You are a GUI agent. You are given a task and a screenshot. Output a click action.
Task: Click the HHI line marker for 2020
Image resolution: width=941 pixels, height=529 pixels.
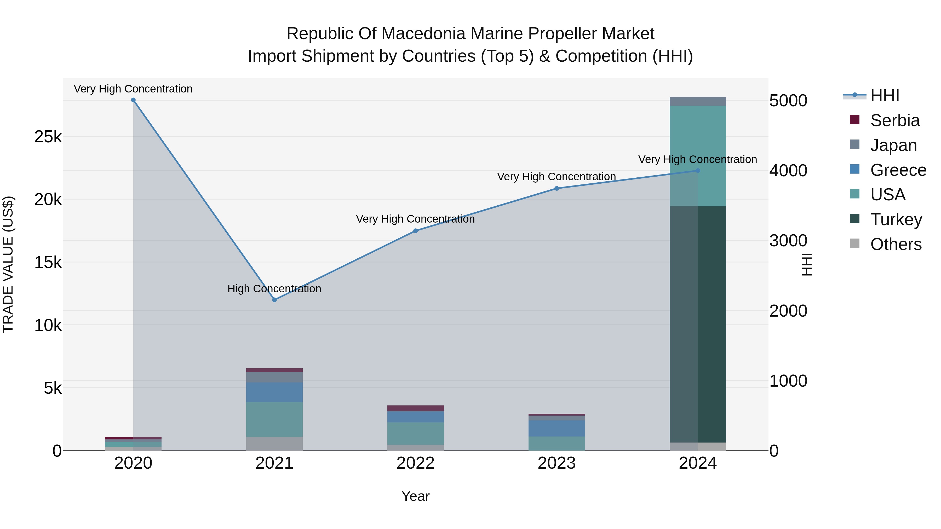pos(133,100)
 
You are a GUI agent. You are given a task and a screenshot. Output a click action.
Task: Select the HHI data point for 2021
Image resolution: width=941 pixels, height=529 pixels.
pos(275,300)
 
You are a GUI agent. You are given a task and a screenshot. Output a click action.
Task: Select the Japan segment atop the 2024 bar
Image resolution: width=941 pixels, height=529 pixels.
pos(698,102)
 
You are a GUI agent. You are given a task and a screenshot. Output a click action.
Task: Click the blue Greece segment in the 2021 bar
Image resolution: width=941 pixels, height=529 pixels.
pos(274,392)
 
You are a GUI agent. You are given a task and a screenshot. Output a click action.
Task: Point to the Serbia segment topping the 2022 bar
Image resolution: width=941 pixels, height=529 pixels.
pos(415,408)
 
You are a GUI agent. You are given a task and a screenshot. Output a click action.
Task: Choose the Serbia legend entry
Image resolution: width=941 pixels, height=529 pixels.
pos(894,120)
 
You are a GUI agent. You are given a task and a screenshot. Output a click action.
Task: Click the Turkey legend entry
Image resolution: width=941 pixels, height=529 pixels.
pos(896,219)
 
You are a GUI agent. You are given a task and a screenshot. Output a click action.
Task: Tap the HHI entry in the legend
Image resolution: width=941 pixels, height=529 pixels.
pos(884,96)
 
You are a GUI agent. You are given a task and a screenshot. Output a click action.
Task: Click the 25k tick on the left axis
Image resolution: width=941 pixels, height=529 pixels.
pos(48,137)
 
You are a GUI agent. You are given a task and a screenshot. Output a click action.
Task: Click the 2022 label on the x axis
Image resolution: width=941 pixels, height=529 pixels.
pos(415,463)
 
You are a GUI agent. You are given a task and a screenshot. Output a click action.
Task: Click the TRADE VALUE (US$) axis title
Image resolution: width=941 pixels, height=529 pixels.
pos(8,265)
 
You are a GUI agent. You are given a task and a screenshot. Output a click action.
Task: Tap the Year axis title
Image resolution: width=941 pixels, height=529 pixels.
pos(415,496)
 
